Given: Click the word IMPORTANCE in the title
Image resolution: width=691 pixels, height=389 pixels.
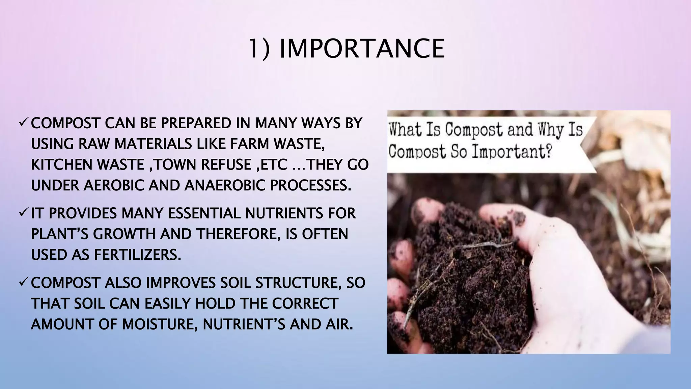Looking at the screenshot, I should pyautogui.click(x=362, y=49).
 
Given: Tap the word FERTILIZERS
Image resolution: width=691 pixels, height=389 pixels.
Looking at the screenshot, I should pyautogui.click(x=138, y=255).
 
